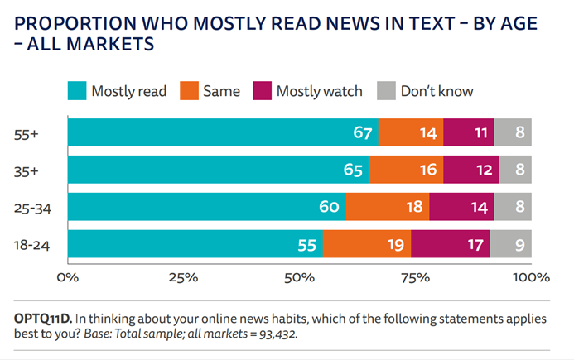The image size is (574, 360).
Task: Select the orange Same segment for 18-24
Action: click(x=366, y=245)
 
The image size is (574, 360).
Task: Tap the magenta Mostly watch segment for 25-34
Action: click(x=461, y=207)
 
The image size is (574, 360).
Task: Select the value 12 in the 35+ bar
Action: click(x=482, y=170)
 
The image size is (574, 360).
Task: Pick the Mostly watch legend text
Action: click(x=319, y=90)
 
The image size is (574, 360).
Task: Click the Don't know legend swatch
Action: click(x=386, y=90)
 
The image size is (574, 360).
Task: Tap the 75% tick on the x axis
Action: click(x=416, y=276)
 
